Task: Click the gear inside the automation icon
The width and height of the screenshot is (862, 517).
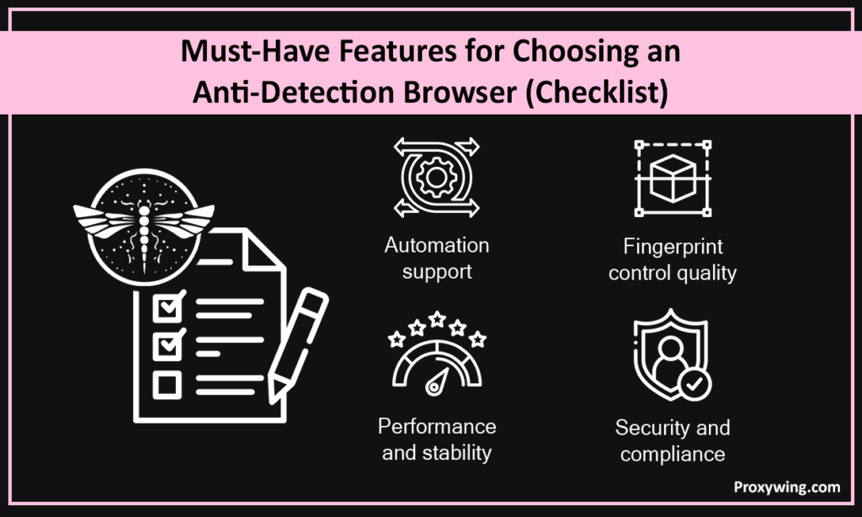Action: [436, 178]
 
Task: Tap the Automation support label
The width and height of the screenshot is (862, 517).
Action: [436, 258]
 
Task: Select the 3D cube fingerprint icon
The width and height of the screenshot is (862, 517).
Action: [672, 179]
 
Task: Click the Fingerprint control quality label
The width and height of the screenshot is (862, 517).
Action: [672, 259]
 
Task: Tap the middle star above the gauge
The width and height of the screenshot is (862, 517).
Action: [437, 319]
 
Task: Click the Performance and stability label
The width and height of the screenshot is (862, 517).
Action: [436, 439]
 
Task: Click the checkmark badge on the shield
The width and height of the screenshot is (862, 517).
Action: [694, 384]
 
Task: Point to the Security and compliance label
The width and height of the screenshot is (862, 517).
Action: [672, 440]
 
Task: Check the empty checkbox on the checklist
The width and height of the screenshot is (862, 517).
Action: [167, 385]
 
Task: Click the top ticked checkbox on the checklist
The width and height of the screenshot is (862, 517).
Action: [167, 307]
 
